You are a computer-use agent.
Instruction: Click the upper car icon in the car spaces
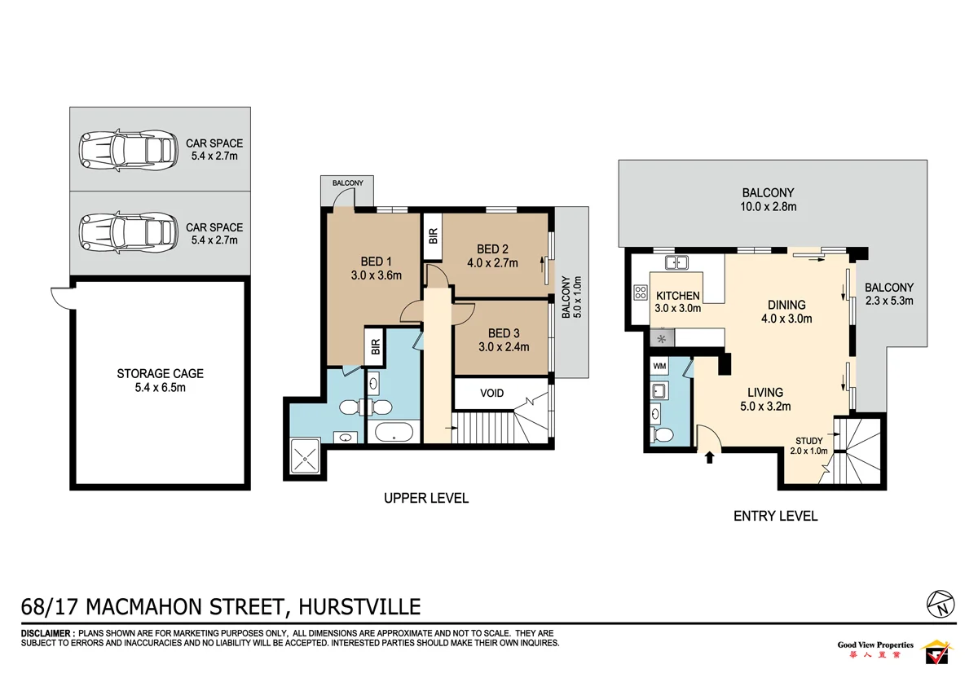click(x=127, y=149)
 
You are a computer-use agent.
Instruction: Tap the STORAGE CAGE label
click(x=160, y=373)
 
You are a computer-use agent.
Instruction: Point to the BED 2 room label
click(x=492, y=249)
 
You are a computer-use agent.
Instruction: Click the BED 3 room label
click(x=504, y=332)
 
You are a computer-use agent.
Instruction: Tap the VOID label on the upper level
click(x=491, y=393)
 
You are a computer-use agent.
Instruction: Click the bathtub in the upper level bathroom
click(x=394, y=433)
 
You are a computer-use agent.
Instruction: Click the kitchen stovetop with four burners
click(x=639, y=291)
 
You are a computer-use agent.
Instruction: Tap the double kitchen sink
click(x=676, y=262)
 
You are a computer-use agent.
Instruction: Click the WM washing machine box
click(x=659, y=367)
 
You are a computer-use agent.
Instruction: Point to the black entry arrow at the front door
click(x=709, y=457)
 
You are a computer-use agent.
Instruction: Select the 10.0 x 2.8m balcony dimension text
click(x=768, y=207)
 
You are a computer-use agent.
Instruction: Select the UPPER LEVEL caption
click(x=426, y=498)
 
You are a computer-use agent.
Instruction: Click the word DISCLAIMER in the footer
click(x=47, y=633)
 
